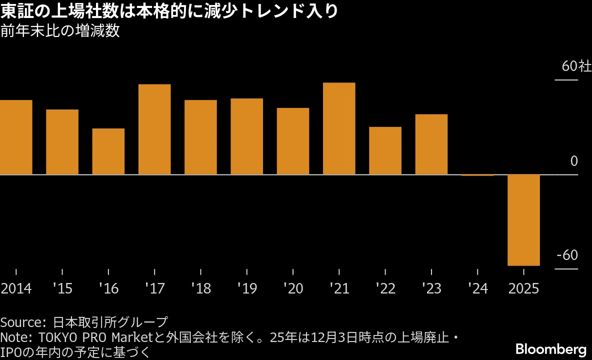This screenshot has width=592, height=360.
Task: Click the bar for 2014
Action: tap(16, 137)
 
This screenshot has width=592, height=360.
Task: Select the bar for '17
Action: tap(154, 129)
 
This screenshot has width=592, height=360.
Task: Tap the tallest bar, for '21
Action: tap(339, 128)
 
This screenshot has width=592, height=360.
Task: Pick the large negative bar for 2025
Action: tap(523, 220)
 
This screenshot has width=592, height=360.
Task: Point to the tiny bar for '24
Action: tap(477, 175)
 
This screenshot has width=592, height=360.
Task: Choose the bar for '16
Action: tap(108, 151)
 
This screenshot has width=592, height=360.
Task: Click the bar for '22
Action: tap(385, 150)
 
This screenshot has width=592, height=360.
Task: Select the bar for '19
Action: tap(246, 136)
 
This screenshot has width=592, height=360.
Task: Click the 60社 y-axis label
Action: tap(576, 66)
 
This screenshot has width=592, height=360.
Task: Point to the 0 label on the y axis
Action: tap(573, 161)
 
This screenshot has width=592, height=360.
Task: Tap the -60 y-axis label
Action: tap(567, 255)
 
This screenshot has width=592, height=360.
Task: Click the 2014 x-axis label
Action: tap(16, 289)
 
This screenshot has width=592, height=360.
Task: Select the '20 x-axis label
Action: tap(293, 289)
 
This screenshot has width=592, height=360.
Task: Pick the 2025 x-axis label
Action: tap(523, 289)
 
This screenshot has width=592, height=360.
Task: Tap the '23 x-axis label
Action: tap(431, 289)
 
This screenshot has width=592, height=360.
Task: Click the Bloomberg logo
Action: tap(550, 348)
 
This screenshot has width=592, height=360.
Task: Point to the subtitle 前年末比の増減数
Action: tap(60, 31)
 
